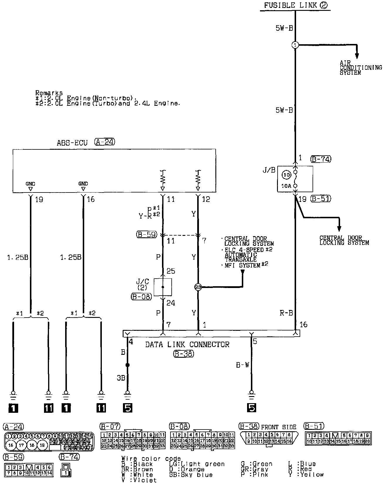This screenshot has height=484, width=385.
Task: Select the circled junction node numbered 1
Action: [x=295, y=45]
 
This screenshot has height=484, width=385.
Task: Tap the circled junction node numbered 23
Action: [x=198, y=287]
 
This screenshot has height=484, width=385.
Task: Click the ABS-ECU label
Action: [x=72, y=143]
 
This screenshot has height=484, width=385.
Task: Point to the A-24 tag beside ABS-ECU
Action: [x=104, y=142]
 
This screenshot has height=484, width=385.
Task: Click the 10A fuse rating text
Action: [x=287, y=185]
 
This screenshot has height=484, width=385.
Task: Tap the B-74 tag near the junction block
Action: [x=320, y=159]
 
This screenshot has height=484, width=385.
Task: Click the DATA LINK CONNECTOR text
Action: [x=187, y=345]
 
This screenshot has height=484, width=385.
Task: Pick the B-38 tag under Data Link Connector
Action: [x=183, y=354]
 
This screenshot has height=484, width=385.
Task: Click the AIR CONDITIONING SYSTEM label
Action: [x=360, y=68]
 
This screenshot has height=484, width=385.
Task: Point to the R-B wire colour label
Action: [x=286, y=313]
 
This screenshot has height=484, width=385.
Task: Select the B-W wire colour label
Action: [x=242, y=365]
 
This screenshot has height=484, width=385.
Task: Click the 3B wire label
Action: [x=121, y=378]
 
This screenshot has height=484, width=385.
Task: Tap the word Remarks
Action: [x=49, y=93]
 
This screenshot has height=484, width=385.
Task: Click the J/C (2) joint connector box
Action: [x=163, y=287]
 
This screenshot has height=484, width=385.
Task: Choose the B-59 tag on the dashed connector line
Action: [x=147, y=235]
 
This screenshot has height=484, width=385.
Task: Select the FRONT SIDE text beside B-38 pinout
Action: [x=278, y=427]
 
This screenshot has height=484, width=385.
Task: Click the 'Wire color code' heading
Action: [x=151, y=459]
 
